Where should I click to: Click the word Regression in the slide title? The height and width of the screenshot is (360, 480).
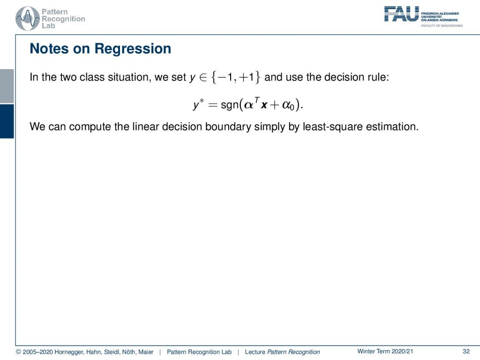[x=133, y=49]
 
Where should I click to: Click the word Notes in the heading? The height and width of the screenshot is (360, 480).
[x=49, y=49]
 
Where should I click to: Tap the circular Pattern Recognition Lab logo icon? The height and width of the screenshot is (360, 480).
[x=28, y=19]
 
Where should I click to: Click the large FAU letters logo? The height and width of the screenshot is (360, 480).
[x=401, y=14]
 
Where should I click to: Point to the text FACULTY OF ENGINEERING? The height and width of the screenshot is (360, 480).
[x=442, y=26]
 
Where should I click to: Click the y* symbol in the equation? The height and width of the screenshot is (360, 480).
[x=198, y=105]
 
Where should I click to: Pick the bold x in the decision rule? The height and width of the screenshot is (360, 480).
[x=264, y=105]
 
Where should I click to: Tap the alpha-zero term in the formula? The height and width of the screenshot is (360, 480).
[x=288, y=105]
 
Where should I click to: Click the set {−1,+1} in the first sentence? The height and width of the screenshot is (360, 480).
[x=236, y=77]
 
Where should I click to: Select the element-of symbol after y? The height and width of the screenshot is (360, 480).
[x=203, y=77]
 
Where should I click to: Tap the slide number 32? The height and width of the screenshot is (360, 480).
[x=466, y=352]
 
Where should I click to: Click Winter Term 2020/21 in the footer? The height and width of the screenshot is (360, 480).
[x=385, y=352]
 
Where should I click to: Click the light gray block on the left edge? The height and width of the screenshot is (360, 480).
[x=7, y=86]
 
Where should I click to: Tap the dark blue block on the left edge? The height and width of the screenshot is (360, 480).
[x=7, y=121]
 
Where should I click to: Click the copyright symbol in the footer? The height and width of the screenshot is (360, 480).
[x=18, y=352]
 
